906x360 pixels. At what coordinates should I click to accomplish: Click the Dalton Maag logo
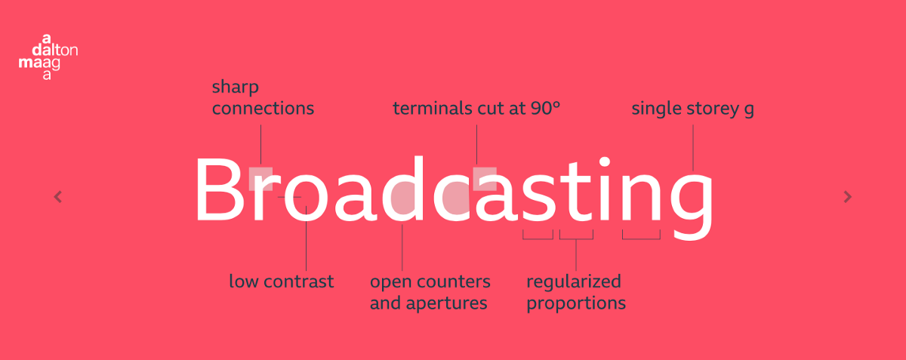48,57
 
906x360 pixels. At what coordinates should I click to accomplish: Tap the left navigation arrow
58,197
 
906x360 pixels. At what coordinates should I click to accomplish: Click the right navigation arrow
847,197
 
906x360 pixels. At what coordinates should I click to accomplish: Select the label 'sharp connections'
263,98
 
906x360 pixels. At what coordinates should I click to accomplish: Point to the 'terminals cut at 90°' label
476,109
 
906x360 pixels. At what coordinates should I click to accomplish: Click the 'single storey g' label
692,109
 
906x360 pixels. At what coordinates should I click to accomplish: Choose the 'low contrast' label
282,281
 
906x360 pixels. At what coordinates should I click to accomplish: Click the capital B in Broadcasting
220,189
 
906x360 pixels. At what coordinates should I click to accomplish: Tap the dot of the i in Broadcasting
604,162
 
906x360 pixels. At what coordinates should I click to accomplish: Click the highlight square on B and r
260,178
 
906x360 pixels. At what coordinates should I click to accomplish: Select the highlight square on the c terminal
485,179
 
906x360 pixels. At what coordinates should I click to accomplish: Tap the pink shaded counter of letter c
456,197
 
